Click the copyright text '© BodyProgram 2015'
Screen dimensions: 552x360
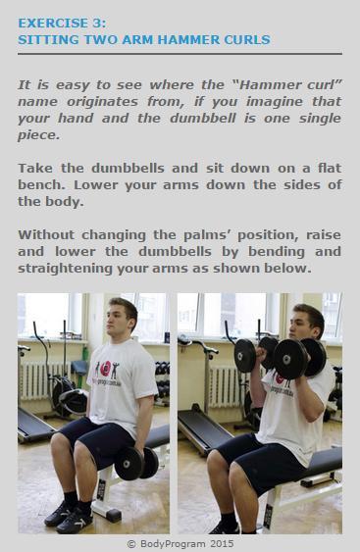180,542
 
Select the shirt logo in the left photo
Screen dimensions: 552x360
106,370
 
